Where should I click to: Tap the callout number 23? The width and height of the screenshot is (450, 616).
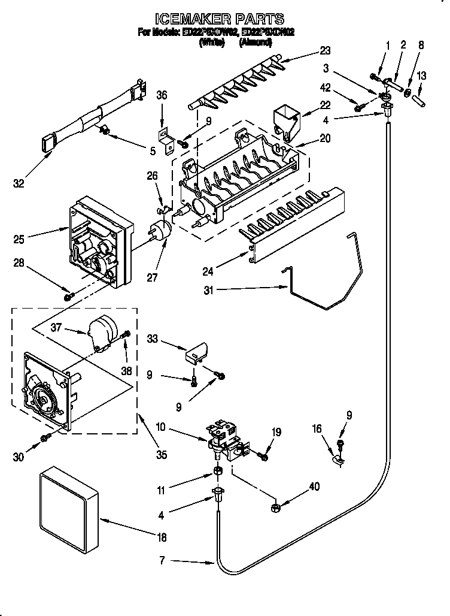tap(325, 51)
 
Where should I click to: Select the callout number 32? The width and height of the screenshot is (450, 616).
tap(19, 184)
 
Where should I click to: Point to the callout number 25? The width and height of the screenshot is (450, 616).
tap(19, 240)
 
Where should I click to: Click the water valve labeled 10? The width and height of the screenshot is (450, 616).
tap(224, 440)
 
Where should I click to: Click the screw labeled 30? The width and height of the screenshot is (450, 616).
tap(45, 439)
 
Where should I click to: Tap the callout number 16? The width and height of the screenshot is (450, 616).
tap(317, 428)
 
